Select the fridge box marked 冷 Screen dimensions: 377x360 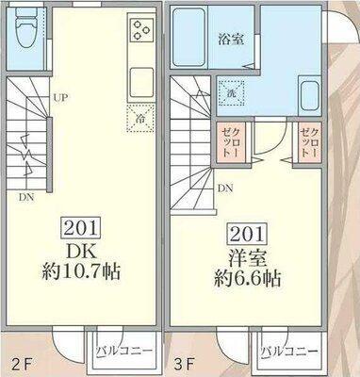click(x=139, y=119)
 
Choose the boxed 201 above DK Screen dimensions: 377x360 click(x=84, y=226)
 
